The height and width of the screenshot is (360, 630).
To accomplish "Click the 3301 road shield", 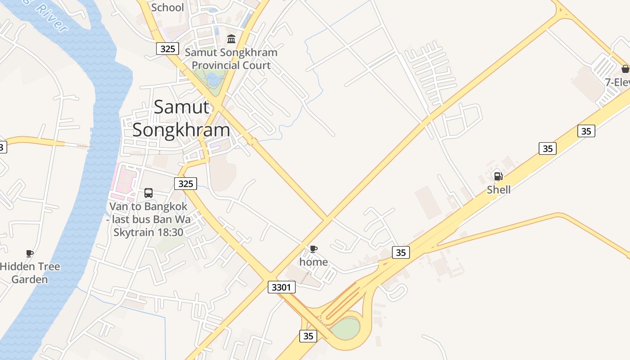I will point(282,287).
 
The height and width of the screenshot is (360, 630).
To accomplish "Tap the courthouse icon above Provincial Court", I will point(231,39).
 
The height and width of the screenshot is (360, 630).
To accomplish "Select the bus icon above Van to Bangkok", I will point(148,193).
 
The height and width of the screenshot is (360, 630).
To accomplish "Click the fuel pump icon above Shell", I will point(498,176).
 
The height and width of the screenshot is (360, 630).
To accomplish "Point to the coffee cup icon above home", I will point(314,249).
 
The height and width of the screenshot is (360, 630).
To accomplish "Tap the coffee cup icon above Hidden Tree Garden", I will point(30,253).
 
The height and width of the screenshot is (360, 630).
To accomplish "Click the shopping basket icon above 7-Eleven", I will point(625,69).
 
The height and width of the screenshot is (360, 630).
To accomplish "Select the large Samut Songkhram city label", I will point(181,118).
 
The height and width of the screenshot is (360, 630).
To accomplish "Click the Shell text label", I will point(499,189).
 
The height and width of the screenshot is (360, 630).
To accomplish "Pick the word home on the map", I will point(314,262).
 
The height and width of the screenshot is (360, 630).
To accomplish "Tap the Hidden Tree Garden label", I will point(30,273).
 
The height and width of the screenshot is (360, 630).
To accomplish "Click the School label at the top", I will point(167,8).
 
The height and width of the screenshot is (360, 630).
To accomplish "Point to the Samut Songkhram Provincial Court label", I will point(231,58).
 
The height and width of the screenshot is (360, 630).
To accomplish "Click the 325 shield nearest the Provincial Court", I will point(168,49).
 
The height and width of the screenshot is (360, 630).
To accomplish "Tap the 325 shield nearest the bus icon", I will point(185,183).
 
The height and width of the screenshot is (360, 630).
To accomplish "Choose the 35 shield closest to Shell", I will point(548,148).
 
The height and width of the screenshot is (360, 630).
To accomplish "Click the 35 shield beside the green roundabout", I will point(308,336).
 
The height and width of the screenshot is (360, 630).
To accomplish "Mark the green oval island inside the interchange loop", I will point(346,328).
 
